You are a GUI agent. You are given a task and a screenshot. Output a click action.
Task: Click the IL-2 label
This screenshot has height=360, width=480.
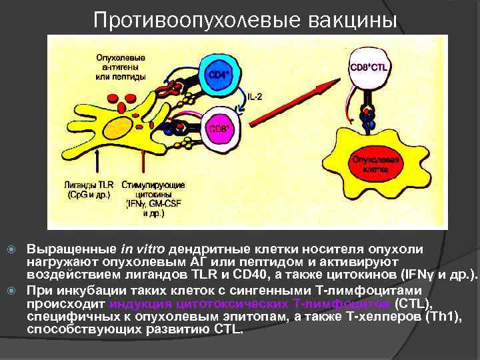(255, 97)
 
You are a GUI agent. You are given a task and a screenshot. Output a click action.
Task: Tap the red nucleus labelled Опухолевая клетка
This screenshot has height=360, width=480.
(367, 163)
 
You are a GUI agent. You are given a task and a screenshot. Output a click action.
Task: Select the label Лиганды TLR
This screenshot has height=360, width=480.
(89, 185)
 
